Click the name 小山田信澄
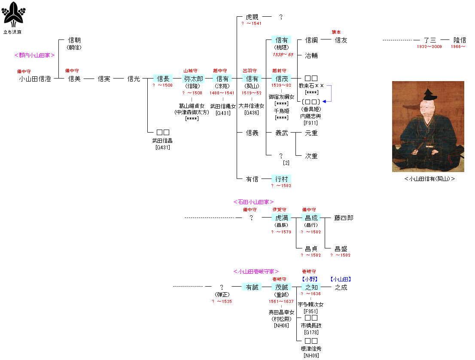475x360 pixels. point(35,79)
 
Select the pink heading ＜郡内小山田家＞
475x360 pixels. point(34,55)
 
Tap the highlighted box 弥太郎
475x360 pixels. point(193,79)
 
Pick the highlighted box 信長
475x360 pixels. point(163,79)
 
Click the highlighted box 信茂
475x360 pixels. point(281,79)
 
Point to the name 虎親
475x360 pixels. point(252,17)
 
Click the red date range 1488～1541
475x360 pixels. point(222,93)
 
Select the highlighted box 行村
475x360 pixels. point(281,179)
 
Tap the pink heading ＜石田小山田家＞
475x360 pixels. point(253,202)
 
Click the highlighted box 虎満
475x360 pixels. point(281,218)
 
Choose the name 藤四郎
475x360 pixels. point(344,218)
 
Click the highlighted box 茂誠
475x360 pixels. point(281,287)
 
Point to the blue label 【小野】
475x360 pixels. point(311,279)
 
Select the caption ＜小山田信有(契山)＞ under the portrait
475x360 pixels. point(429,179)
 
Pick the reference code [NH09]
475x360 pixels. point(311,355)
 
